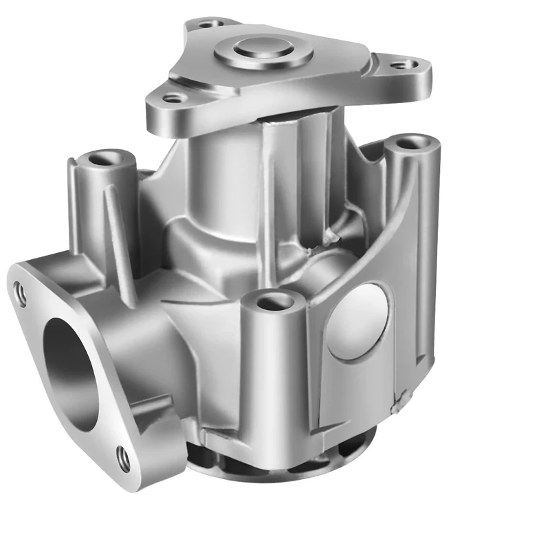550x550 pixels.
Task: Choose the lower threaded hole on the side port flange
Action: (x=124, y=459)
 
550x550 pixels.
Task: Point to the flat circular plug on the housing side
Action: (x=357, y=322)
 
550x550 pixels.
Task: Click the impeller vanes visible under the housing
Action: (x=275, y=462)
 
